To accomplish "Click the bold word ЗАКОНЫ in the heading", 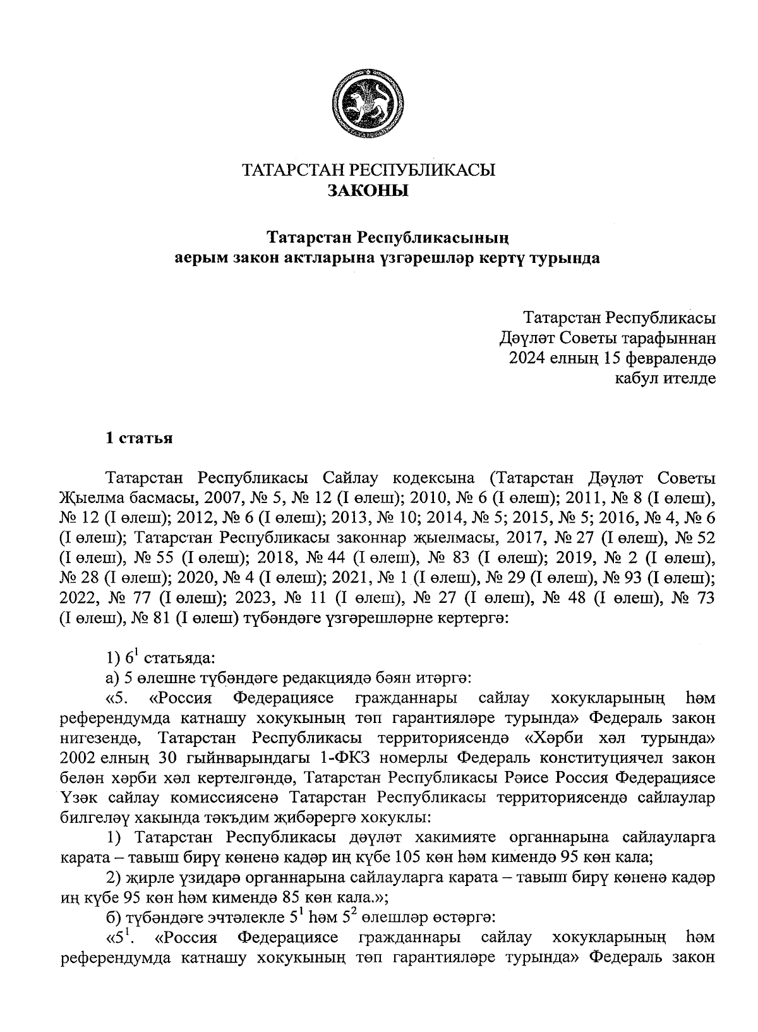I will pyautogui.click(x=368, y=190).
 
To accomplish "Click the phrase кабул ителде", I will pyautogui.click(x=665, y=379).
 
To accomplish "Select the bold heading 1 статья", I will pyautogui.click(x=138, y=438).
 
